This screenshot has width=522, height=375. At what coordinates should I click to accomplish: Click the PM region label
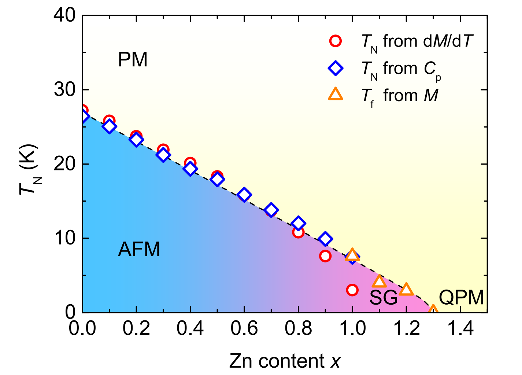[133, 59]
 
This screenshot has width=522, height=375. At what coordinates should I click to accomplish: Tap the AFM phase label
[139, 250]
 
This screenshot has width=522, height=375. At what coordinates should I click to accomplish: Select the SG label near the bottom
[383, 297]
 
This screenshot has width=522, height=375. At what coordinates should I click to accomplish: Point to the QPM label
[461, 297]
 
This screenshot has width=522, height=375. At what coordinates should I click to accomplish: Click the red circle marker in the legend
[335, 41]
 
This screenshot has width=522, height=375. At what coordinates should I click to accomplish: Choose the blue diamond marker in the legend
[335, 68]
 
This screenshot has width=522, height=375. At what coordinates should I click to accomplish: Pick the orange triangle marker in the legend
[335, 95]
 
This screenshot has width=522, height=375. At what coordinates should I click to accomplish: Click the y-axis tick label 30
[65, 90]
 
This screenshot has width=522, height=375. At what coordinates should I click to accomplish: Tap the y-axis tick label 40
[65, 15]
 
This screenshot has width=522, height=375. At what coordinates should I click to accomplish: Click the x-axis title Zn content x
[285, 361]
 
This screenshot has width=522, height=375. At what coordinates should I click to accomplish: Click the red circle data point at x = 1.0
[352, 290]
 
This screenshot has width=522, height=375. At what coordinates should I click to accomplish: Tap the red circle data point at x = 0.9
[325, 256]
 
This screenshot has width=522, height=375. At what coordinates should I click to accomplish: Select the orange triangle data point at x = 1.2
[406, 290]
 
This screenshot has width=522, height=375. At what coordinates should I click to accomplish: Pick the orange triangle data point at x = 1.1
[379, 282]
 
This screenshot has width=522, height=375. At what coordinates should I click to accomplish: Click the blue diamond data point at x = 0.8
[298, 223]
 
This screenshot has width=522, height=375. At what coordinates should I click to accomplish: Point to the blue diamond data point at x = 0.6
[244, 195]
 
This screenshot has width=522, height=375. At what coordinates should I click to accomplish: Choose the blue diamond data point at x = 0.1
[109, 126]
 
